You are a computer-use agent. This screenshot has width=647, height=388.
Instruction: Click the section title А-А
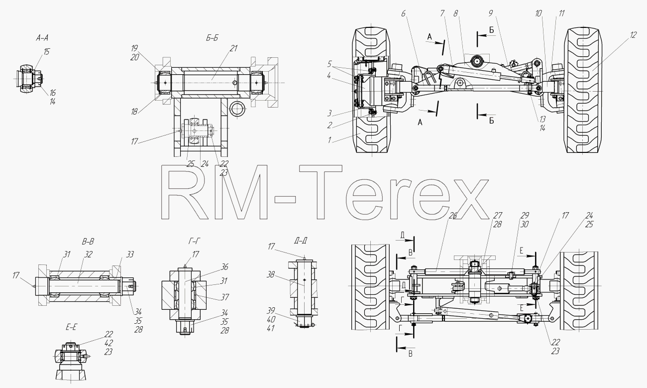[42, 38]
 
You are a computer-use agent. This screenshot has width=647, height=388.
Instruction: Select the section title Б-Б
[212, 38]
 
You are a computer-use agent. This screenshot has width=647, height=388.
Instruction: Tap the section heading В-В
[88, 242]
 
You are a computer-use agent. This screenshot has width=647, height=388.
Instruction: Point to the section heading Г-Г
[194, 241]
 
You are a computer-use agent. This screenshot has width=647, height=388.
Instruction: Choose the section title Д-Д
[301, 241]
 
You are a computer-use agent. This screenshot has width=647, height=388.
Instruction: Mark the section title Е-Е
[71, 327]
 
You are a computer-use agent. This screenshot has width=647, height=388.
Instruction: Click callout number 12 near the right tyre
[633, 35]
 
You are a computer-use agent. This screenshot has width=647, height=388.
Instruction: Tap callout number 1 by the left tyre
[329, 140]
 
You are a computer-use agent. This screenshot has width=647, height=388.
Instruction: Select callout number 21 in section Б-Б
[233, 48]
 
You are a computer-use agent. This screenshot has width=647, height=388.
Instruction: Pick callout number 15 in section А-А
[46, 51]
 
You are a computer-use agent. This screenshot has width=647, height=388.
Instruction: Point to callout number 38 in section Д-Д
[270, 274]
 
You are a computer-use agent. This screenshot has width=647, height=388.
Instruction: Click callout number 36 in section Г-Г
[224, 266]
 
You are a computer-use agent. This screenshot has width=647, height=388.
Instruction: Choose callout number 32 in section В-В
[89, 254]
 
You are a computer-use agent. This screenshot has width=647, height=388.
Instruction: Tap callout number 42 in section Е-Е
[108, 343]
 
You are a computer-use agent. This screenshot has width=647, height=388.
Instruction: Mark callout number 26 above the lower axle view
[453, 215]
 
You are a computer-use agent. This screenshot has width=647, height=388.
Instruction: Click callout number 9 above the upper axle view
[490, 13]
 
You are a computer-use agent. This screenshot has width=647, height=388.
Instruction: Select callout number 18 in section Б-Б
[134, 112]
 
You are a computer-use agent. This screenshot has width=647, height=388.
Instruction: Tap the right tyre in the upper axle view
[583, 90]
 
